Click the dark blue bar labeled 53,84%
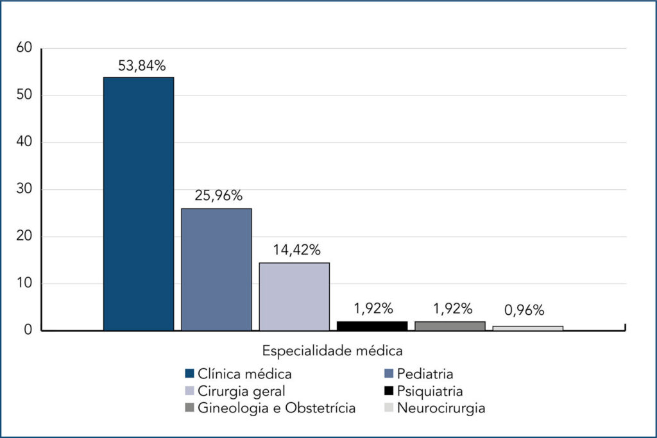(x=139, y=204)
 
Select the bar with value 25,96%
(x=216, y=269)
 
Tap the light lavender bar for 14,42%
(x=294, y=296)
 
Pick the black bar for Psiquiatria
(x=372, y=326)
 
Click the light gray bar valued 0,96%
(x=528, y=328)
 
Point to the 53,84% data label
(x=142, y=65)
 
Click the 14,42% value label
(x=294, y=250)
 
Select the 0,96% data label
(x=524, y=310)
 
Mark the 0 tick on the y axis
(x=27, y=330)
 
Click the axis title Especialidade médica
(x=332, y=351)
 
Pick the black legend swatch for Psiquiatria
(x=388, y=391)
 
